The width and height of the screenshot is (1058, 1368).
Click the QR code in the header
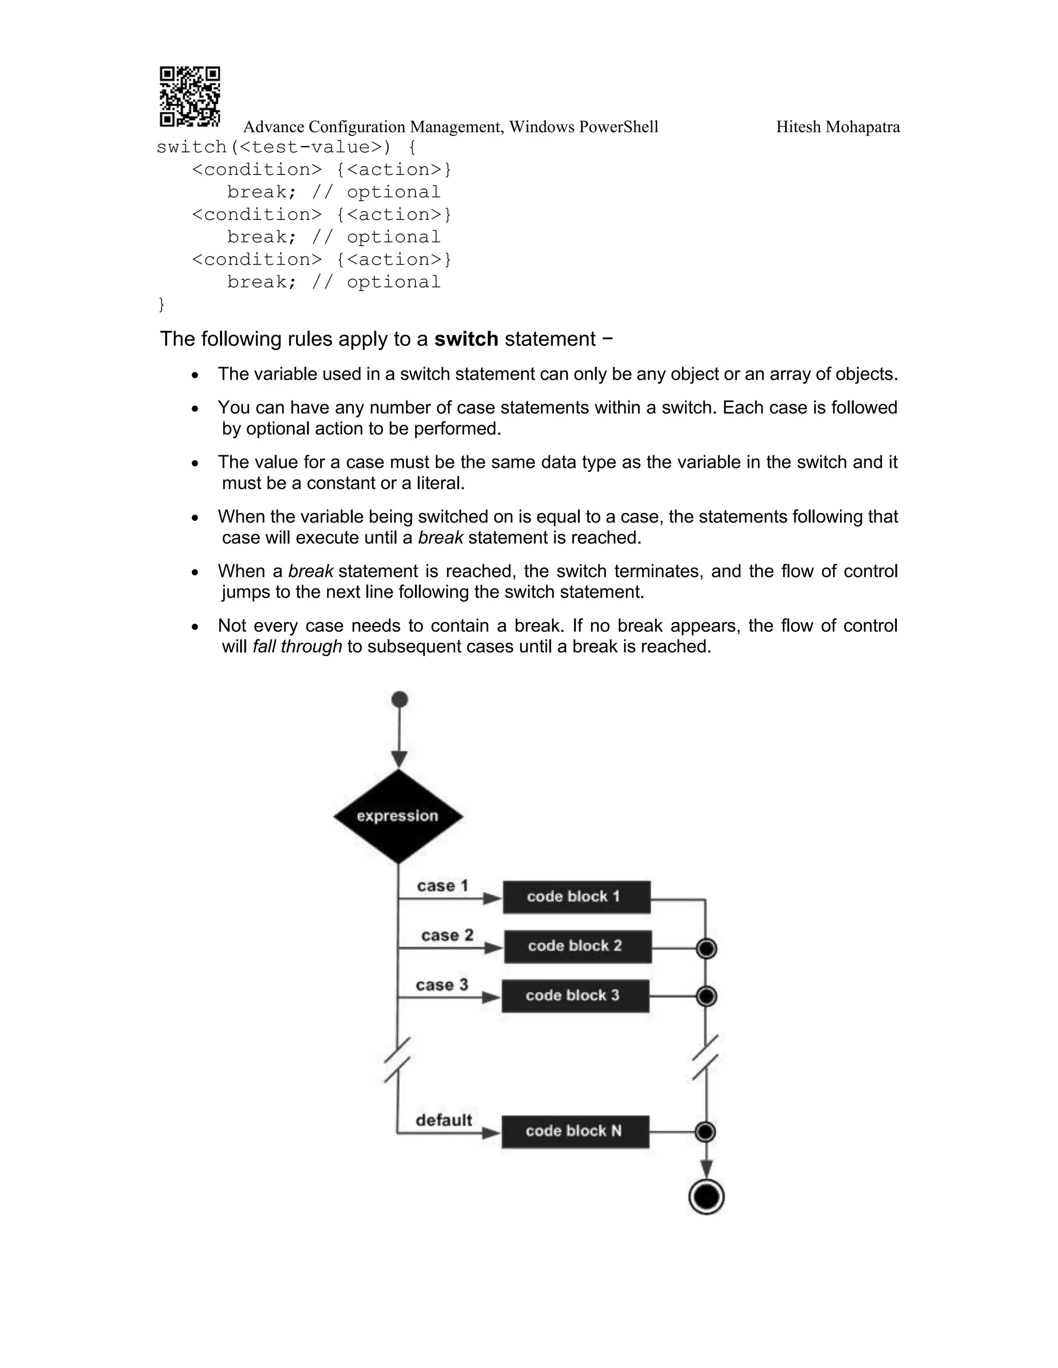(x=189, y=97)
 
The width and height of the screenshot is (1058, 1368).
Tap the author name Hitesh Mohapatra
(x=837, y=127)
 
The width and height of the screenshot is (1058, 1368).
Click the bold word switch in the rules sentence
(x=465, y=339)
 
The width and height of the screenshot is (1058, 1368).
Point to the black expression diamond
(x=398, y=816)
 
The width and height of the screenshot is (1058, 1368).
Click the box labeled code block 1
(x=576, y=897)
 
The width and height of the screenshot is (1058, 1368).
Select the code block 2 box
(x=577, y=946)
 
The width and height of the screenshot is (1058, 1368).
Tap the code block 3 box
(x=575, y=995)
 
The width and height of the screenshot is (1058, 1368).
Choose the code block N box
(x=575, y=1131)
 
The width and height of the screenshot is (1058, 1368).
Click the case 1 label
(x=443, y=886)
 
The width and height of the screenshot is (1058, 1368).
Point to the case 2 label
(x=447, y=935)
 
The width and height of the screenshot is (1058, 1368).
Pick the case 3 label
(x=442, y=984)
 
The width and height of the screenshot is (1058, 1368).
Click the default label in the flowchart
(x=443, y=1120)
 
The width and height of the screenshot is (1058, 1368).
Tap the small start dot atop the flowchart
(x=399, y=699)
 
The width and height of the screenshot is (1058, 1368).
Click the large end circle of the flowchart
(x=706, y=1197)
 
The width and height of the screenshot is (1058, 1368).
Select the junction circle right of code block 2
(x=706, y=949)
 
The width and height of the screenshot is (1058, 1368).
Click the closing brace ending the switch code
(x=162, y=305)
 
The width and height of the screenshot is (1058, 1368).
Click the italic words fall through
(x=297, y=646)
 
